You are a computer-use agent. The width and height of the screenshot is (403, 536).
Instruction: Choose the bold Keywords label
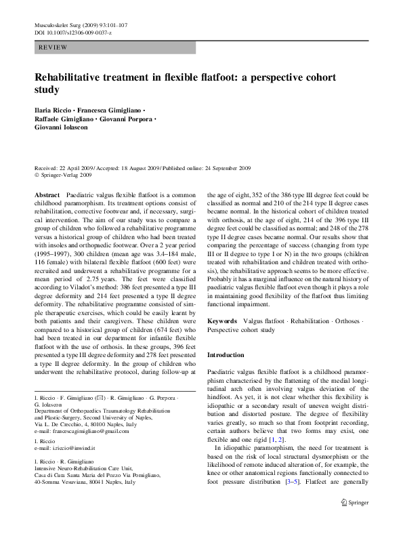[222, 320]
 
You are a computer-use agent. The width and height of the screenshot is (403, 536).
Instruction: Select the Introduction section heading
[225, 354]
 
